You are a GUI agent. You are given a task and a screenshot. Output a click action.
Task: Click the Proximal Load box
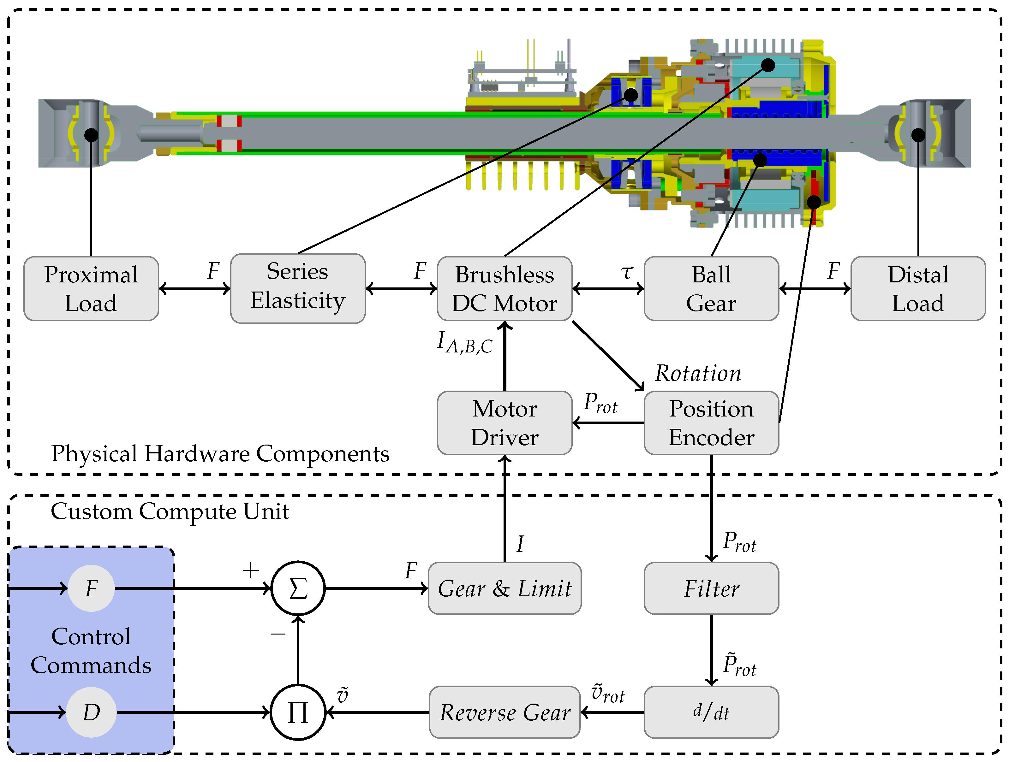point(91,289)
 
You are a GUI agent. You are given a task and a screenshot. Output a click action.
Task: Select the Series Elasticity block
point(297,289)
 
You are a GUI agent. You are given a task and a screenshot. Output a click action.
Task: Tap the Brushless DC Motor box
point(504,289)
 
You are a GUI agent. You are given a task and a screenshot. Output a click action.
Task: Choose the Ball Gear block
point(711,289)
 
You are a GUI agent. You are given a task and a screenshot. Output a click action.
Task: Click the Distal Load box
point(918,289)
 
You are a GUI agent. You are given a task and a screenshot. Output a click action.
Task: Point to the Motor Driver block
point(504,423)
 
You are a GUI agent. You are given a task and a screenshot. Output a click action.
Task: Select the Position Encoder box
point(711,423)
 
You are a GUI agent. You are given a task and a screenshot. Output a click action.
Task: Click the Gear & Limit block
point(504,588)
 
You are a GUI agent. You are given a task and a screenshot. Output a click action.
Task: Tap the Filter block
point(711,588)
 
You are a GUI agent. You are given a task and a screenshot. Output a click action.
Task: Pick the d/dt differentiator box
point(711,712)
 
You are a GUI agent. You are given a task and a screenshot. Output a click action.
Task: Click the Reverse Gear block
point(504,712)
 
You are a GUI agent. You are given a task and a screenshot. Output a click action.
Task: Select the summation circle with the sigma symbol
point(298,588)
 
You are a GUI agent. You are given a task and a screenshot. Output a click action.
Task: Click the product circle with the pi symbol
point(298,712)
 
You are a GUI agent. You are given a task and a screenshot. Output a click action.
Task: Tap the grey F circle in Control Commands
point(91,588)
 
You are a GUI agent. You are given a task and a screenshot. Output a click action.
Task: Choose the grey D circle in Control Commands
point(91,712)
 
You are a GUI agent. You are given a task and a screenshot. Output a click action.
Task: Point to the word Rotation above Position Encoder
point(698,373)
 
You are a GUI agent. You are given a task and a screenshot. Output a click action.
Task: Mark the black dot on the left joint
point(91,135)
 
